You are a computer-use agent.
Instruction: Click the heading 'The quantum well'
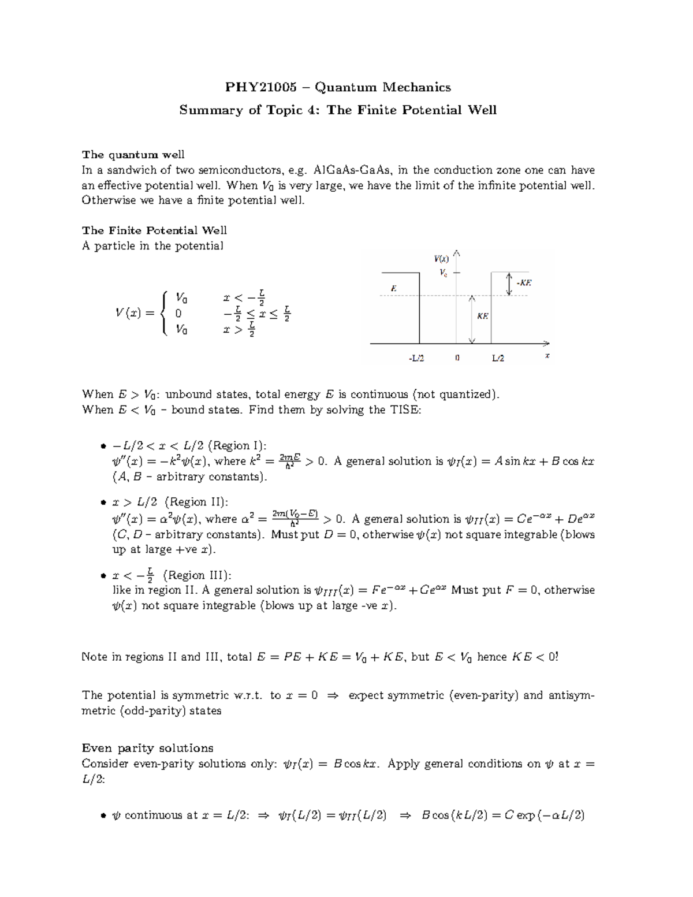pyautogui.click(x=133, y=154)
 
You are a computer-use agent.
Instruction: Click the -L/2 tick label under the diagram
pyautogui.click(x=416, y=358)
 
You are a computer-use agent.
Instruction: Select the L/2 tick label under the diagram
pyautogui.click(x=498, y=358)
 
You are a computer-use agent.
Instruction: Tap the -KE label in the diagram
pyautogui.click(x=524, y=283)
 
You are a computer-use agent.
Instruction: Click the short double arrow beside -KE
pyautogui.click(x=509, y=284)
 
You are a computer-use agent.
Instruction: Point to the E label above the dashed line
pyautogui.click(x=394, y=287)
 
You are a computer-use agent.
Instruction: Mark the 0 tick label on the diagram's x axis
pyautogui.click(x=457, y=358)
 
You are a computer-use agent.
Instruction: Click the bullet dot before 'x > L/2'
pyautogui.click(x=103, y=503)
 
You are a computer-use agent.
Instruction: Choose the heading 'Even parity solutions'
pyautogui.click(x=148, y=747)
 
